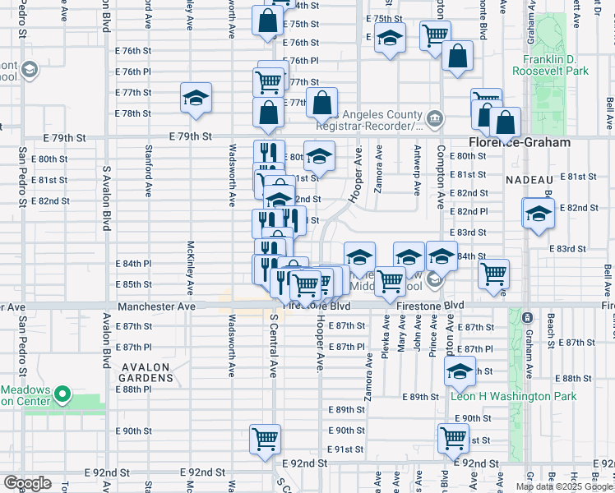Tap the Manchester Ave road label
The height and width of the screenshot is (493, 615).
click(x=156, y=306)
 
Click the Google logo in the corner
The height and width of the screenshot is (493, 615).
click(x=26, y=483)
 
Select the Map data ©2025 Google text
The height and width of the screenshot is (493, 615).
click(x=564, y=486)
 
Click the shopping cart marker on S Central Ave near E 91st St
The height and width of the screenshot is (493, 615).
click(x=265, y=440)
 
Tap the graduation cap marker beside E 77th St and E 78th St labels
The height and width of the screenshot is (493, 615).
click(x=197, y=99)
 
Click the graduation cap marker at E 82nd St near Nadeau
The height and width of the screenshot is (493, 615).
click(x=538, y=214)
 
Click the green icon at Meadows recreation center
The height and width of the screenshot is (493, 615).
click(x=62, y=397)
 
